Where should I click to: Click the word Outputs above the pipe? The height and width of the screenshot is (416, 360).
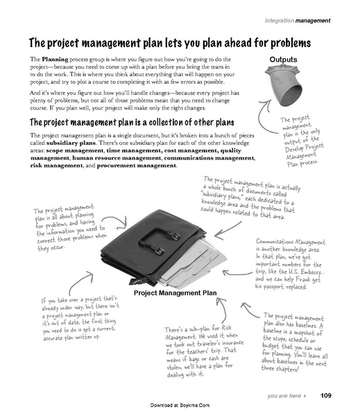point(286,59)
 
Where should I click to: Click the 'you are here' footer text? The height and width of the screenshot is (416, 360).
point(284,396)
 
